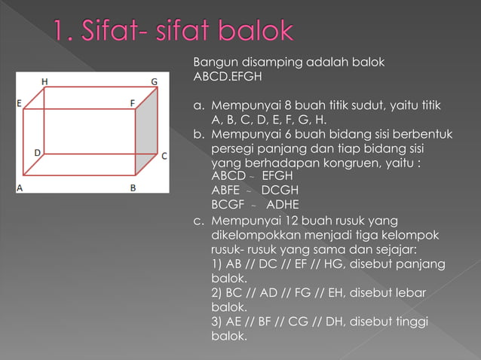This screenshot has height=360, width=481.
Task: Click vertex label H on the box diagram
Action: point(44,81)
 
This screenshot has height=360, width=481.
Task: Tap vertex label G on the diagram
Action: point(154,81)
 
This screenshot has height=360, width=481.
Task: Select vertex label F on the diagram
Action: point(132,102)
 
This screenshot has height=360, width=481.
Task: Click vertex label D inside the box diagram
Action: point(36,152)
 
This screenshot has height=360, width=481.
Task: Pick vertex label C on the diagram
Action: point(164,156)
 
